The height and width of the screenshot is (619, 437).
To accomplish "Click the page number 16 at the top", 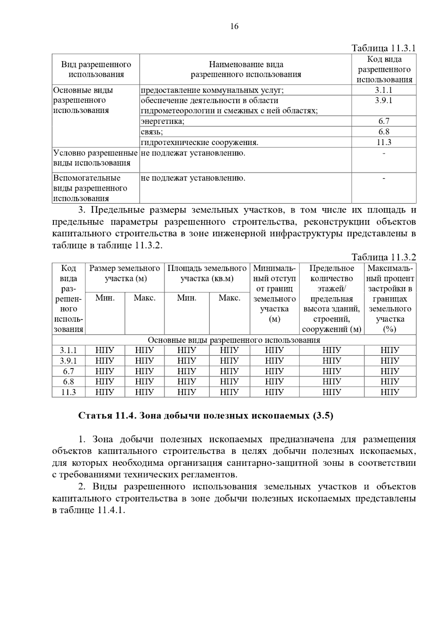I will coord(234,26).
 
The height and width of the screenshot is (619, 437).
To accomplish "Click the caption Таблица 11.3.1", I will coord(383,48).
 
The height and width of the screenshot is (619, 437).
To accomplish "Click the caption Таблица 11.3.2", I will coord(383,257).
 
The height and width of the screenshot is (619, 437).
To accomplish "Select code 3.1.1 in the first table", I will coord(384,90).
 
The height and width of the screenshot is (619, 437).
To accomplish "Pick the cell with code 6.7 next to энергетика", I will coord(384,121).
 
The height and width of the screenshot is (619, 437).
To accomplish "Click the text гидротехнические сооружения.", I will coord(200,142).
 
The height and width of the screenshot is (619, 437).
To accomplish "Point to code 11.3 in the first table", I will coord(384,142).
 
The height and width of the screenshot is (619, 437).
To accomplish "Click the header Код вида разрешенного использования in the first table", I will coord(384,69).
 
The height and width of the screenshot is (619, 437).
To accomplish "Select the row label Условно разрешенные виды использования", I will coord(95,158).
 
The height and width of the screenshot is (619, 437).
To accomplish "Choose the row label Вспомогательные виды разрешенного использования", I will coord(90,188).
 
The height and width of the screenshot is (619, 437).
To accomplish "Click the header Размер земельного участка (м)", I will coord(125,273).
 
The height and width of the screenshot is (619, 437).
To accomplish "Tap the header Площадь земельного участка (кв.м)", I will coord(207,273).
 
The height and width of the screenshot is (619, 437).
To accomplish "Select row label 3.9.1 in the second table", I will coord(68,361).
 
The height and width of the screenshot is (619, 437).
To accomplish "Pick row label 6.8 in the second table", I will coord(68,382).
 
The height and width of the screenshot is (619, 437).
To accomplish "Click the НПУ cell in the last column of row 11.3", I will coord(390,392).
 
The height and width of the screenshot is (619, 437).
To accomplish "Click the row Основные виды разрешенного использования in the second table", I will coord(234,340).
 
